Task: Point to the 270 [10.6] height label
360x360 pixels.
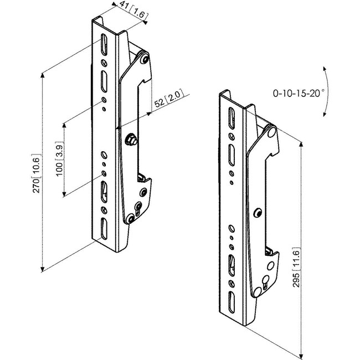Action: point(37,173)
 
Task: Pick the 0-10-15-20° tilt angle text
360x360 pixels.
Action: point(297,94)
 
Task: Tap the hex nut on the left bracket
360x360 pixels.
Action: point(132,140)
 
